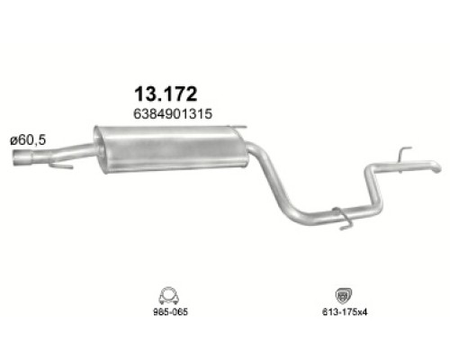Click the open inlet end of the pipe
[20, 161]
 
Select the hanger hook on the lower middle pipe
[341, 216]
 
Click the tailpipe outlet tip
[435, 168]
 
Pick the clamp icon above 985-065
[166, 294]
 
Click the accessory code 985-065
[166, 315]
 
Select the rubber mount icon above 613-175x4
[343, 295]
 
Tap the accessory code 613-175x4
[343, 315]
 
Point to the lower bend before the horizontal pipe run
[290, 210]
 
